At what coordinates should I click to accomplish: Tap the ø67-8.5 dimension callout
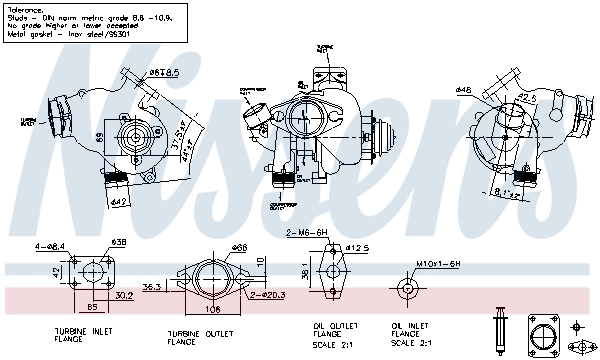coord(163,72)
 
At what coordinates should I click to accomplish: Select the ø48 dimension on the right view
coord(463,90)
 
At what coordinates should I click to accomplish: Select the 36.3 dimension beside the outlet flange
coord(153,287)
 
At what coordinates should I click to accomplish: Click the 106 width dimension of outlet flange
coord(214,308)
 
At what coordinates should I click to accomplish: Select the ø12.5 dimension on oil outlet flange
coord(359,248)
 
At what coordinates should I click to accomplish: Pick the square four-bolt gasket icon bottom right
coord(544,334)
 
